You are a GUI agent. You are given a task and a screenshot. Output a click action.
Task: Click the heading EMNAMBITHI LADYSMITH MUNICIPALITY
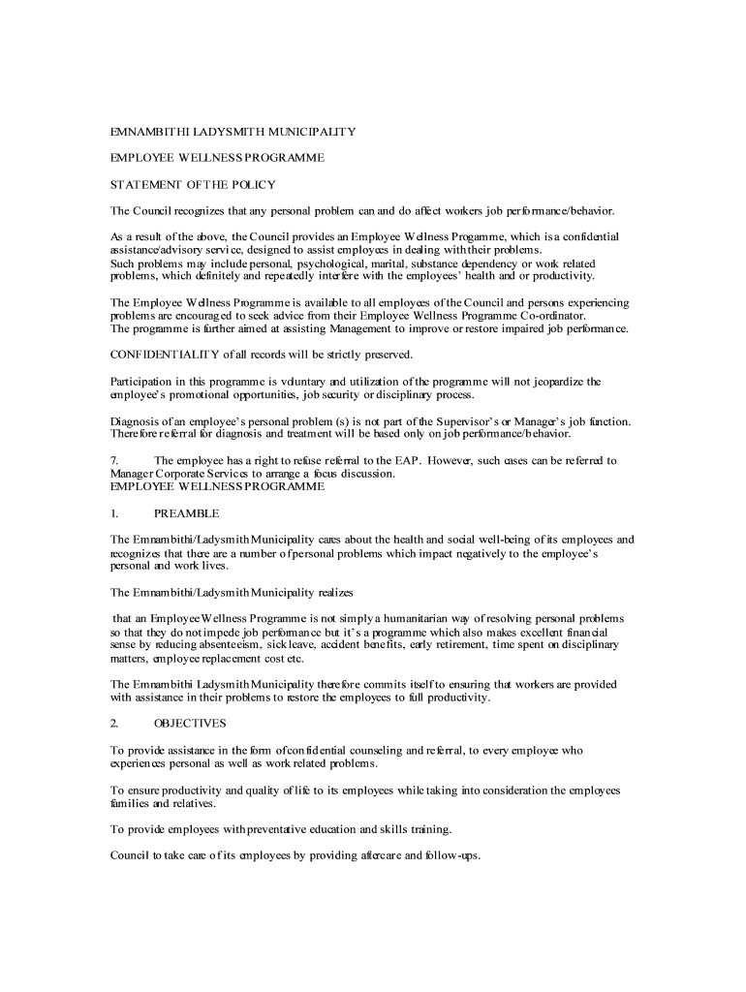(x=233, y=131)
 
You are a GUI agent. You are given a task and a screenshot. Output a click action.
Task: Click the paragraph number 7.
(x=114, y=460)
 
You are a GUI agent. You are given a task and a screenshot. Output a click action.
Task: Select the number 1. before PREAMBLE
(x=114, y=512)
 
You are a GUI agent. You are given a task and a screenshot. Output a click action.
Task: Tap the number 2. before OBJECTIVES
(x=114, y=723)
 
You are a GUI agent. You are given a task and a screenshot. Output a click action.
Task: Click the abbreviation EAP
(x=408, y=460)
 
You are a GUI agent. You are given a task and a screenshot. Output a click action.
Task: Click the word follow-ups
(x=452, y=855)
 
